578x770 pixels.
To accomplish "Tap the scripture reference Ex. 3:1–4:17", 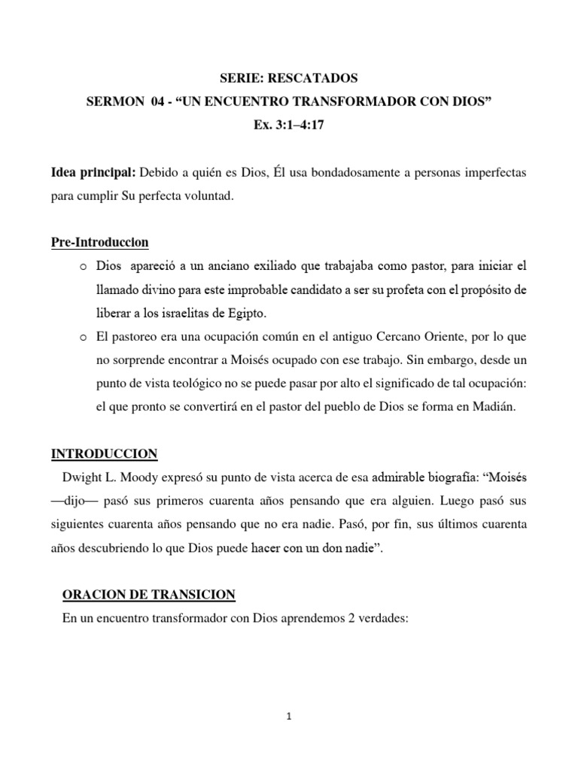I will (x=288, y=125).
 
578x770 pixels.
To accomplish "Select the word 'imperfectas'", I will (x=491, y=173).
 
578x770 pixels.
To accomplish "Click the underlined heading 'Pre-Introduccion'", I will (x=99, y=242).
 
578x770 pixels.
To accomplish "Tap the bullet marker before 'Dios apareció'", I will (x=83, y=266).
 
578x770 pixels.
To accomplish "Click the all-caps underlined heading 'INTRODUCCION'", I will (x=104, y=453).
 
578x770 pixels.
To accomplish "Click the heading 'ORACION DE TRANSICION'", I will (x=148, y=595).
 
